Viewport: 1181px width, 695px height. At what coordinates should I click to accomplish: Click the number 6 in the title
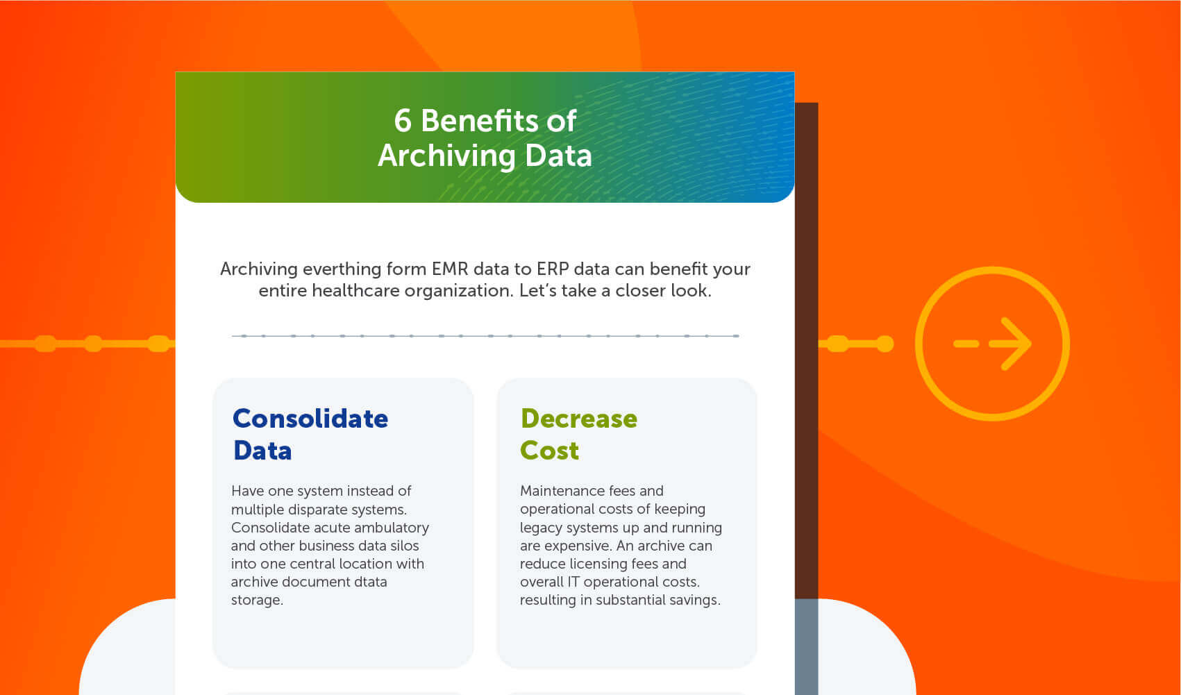pos(403,121)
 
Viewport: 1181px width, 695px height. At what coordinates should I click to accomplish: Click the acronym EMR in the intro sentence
pos(450,269)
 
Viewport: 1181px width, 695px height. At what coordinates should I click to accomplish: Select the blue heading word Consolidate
pos(310,419)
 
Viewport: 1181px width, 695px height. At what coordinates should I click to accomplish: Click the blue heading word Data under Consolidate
pos(262,451)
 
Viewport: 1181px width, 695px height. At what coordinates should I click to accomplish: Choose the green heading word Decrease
pos(579,419)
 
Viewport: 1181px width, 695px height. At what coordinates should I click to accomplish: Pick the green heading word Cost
pos(549,451)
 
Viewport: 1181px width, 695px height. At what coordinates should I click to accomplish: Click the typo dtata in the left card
pos(370,582)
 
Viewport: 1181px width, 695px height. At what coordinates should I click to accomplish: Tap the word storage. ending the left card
pos(257,600)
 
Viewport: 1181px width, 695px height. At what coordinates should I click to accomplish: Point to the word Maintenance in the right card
pos(562,491)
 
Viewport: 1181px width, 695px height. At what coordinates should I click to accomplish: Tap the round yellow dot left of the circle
pos(885,344)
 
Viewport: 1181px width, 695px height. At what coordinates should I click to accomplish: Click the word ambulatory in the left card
pos(391,528)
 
